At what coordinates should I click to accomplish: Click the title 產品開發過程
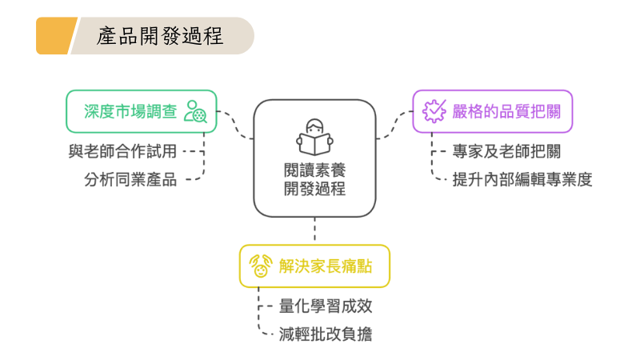coord(160,36)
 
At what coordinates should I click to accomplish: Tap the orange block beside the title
coord(54,36)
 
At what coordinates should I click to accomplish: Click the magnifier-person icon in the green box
coord(195,111)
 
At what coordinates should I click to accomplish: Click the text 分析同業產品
coord(130,178)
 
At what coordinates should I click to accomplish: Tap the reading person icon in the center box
coord(314,137)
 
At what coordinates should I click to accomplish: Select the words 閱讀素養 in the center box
coord(314,170)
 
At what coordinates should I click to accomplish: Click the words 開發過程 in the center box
coord(314,190)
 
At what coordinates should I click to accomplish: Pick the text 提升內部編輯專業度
coord(522,178)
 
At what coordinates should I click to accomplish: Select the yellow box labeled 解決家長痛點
coord(314,266)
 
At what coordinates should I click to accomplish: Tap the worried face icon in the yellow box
coord(260,266)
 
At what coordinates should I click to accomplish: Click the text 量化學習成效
coord(326,306)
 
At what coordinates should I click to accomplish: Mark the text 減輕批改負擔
coord(326,334)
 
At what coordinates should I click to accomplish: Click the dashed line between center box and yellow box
coord(314,230)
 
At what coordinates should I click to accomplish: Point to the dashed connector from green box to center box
coord(236,124)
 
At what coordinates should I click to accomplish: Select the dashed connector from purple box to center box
coord(394,124)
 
